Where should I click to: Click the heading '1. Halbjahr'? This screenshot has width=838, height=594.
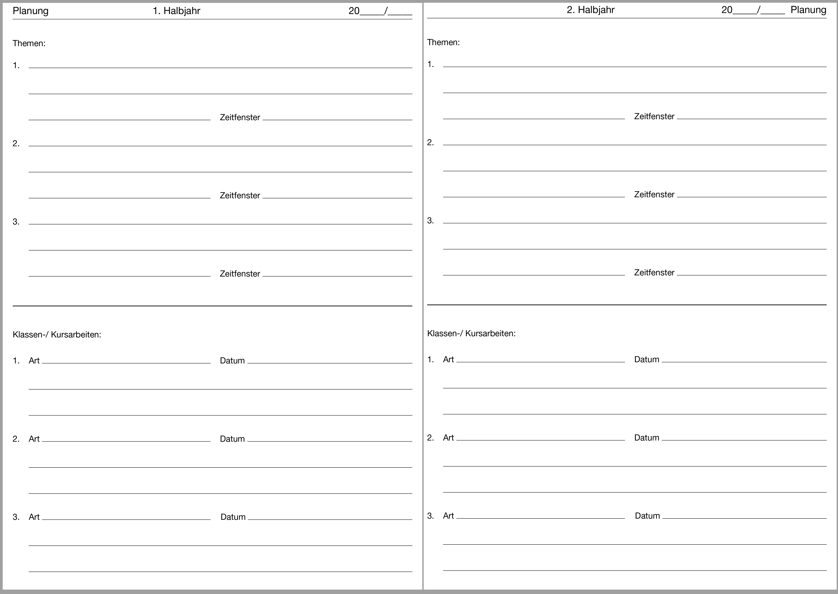[176, 11]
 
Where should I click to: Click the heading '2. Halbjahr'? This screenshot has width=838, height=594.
[590, 10]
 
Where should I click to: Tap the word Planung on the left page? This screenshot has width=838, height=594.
[30, 11]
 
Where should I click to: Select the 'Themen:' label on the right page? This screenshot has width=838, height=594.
[443, 42]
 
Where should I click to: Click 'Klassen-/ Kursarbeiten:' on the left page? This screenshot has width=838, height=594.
[57, 335]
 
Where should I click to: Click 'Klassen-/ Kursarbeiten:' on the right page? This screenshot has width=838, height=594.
[471, 334]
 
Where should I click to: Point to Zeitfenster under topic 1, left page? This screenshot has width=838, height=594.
[240, 117]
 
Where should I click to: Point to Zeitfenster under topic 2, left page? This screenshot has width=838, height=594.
[240, 196]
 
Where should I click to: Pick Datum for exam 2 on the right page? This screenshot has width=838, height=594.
[646, 438]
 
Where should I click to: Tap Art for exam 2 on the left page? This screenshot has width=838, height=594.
[34, 439]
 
